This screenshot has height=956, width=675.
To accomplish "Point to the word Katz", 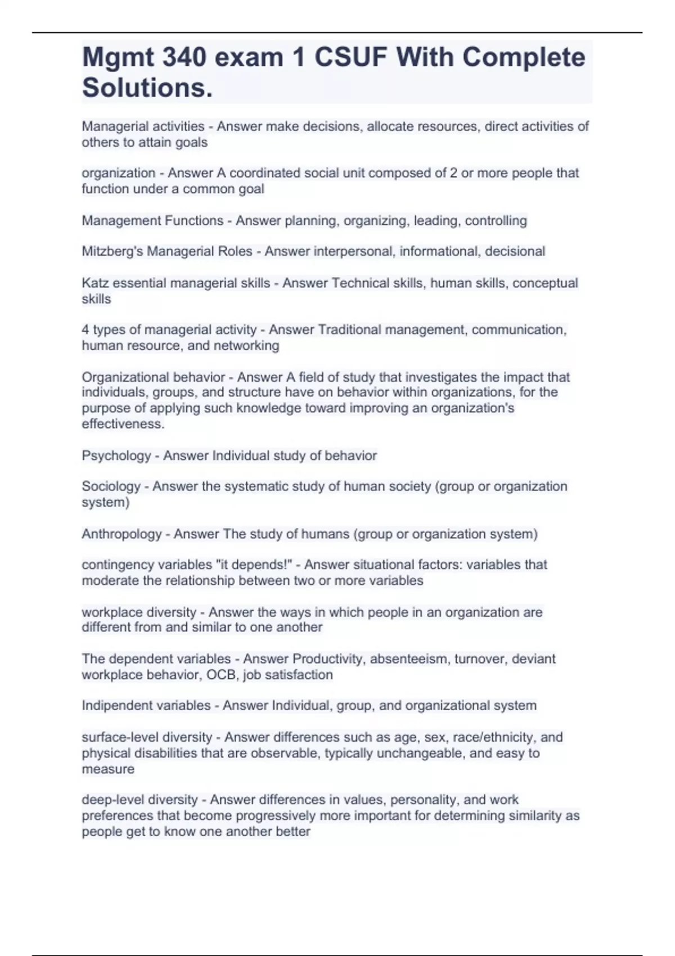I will (95, 283).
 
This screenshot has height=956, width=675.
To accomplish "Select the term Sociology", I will (111, 486).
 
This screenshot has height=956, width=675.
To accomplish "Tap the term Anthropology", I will (121, 534).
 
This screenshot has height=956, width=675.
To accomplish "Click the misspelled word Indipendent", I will (116, 706).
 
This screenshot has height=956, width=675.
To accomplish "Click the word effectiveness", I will (123, 424).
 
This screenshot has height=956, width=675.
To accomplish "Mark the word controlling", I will (496, 220).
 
